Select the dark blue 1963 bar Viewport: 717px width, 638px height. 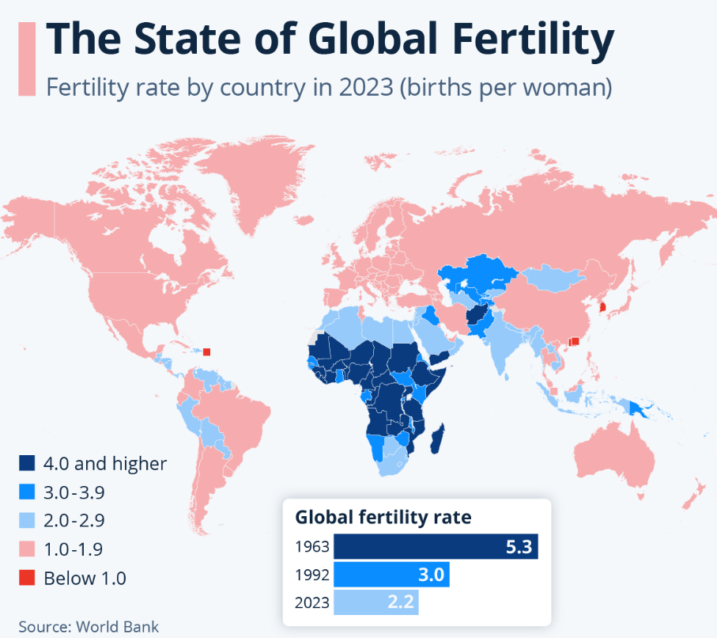coord(436,546)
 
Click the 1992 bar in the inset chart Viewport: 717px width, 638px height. coord(391,575)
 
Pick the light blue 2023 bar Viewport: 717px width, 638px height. coord(375,603)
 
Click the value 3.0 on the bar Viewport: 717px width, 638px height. coord(430,575)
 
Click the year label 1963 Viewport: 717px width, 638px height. coord(311,547)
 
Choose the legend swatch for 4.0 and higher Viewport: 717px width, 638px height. coord(28,464)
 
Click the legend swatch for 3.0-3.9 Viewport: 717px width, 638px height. coord(28,492)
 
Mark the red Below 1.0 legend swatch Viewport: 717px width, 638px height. coord(28,578)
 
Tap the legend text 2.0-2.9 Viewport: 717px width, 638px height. coord(74,521)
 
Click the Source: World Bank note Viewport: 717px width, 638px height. coord(89,626)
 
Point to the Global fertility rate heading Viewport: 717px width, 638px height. coord(383,518)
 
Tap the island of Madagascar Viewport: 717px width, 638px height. coord(438,438)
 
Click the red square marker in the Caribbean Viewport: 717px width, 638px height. coord(207,352)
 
